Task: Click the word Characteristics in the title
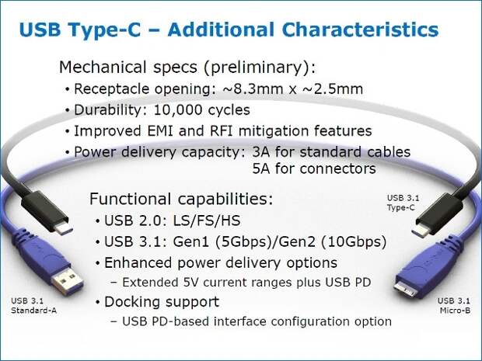360,30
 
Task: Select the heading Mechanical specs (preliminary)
187,68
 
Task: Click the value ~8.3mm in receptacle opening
253,89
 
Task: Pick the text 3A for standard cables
331,152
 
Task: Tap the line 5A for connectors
314,168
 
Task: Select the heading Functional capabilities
181,199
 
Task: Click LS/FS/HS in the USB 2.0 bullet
207,220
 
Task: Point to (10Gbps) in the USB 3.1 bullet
354,242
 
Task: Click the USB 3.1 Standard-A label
33,305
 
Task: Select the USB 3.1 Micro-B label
454,305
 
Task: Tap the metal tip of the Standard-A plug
68,280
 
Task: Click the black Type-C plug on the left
46,212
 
